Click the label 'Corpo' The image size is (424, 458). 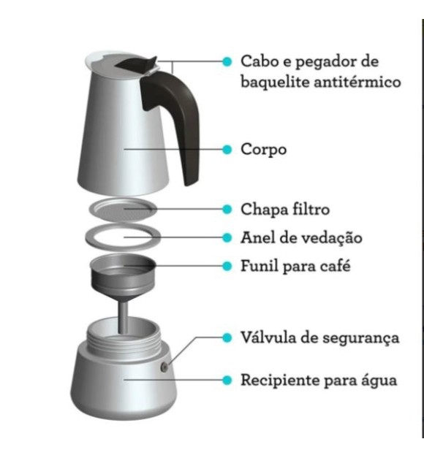263,150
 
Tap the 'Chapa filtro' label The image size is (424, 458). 285,210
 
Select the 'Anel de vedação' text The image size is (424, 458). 301,238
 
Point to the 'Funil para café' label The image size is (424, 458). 296,265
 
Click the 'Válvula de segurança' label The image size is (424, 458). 320,338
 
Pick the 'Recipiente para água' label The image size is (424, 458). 319,381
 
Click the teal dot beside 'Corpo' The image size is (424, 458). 227,150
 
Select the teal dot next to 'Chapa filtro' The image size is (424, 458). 227,210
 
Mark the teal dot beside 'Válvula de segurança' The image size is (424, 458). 227,338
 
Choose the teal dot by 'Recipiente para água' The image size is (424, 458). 227,381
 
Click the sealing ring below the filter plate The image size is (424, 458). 123,237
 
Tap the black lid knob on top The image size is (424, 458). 143,64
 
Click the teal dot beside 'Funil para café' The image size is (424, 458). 227,265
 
